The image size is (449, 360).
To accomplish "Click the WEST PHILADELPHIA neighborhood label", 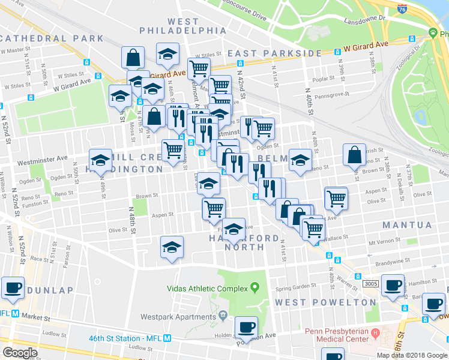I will pyautogui.click(x=175, y=26).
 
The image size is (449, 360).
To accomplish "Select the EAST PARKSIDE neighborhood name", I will pyautogui.click(x=275, y=53).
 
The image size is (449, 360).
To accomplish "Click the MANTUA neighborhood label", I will pyautogui.click(x=406, y=225).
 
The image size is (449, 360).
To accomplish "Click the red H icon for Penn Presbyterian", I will pyautogui.click(x=376, y=332).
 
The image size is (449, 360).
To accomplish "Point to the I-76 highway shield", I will pyautogui.click(x=402, y=8).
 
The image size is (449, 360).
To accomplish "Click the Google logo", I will pyautogui.click(x=20, y=352).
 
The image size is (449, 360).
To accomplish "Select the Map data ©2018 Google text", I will pyautogui.click(x=412, y=355).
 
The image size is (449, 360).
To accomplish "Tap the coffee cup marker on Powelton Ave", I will pyautogui.click(x=246, y=327).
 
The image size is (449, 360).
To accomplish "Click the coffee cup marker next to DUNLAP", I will pyautogui.click(x=13, y=287).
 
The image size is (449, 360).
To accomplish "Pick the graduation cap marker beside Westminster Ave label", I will pyautogui.click(x=100, y=159).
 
